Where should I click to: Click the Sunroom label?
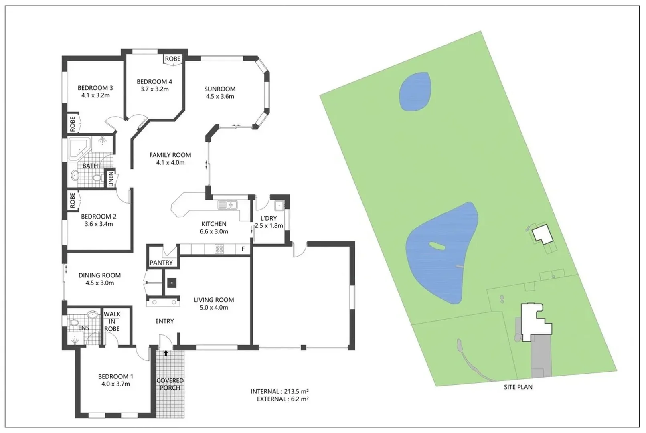(220, 89)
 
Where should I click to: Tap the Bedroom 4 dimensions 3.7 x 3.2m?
(154, 89)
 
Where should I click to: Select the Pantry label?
(161, 263)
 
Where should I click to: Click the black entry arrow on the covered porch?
(166, 353)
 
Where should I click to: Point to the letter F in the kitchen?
(243, 249)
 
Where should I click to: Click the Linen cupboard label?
(111, 179)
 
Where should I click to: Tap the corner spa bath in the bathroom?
(80, 148)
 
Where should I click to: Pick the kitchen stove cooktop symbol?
(219, 249)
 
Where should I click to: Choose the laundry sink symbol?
(279, 206)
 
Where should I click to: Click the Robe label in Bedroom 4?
(173, 59)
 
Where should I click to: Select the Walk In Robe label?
(112, 321)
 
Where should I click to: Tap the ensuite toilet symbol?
(74, 322)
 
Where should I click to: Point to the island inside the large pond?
(435, 245)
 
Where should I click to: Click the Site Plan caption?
(518, 387)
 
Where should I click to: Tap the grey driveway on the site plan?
(541, 357)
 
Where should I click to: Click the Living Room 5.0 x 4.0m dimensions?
(214, 308)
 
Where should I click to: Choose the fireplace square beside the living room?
(171, 283)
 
